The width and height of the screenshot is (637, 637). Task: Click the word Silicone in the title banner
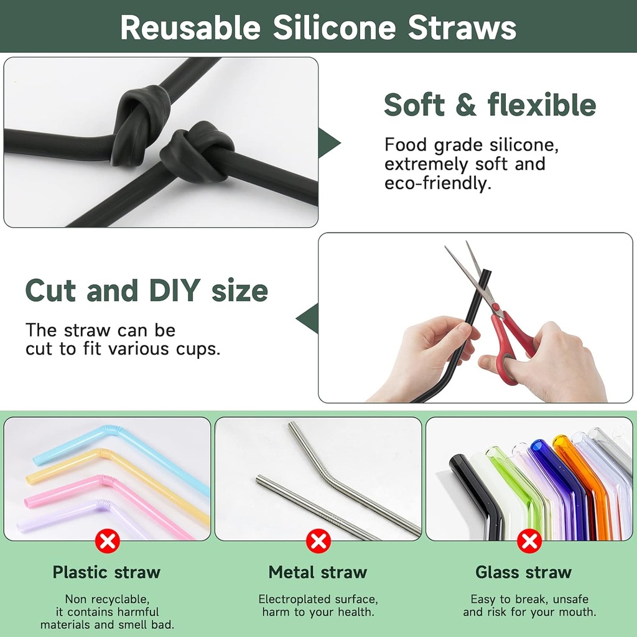334,27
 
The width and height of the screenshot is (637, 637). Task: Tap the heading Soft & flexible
490,105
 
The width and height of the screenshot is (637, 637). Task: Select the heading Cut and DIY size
147,291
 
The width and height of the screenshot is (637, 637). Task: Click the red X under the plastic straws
107,541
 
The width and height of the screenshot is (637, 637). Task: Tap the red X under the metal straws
318,541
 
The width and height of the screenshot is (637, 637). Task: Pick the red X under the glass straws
529,541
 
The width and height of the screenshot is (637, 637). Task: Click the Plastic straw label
106,572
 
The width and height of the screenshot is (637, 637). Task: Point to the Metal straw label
318,572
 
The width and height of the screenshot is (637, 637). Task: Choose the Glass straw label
524,572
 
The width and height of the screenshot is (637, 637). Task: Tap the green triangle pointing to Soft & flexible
328,142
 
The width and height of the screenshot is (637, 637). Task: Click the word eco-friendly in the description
437,184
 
